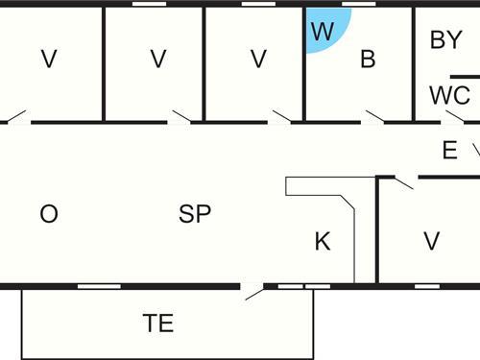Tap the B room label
368,60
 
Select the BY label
446,40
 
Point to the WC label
449,96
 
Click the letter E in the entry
449,150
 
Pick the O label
49,214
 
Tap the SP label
195,214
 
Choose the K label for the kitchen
323,242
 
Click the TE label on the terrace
158,324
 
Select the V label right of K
431,242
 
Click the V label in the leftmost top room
48,60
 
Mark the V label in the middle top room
158,60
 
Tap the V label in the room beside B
257,60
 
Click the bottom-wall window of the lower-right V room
426,286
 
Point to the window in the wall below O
92,286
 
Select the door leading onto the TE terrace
254,290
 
